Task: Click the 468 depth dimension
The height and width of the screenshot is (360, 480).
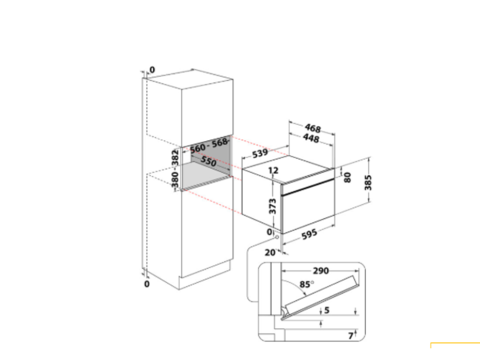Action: pos(313,128)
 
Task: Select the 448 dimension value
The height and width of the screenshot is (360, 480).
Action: pos(311,138)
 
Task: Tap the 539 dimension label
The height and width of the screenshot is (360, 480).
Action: pos(260,153)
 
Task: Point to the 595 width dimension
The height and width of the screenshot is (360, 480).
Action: pos(309,235)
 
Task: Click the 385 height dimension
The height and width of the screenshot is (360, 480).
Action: pos(368,182)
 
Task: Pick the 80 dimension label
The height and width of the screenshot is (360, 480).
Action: pos(347,177)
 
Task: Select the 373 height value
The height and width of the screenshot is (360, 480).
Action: pos(272,206)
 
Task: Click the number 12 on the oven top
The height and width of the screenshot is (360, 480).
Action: pos(273,170)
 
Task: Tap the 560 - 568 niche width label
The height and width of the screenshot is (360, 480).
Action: pos(209,145)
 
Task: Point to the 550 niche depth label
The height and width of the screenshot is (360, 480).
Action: pos(209,161)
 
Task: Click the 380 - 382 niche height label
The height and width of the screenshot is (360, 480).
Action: pos(175,168)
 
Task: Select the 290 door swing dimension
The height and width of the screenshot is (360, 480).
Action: pos(321,270)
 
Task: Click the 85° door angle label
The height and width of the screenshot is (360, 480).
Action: pos(307,285)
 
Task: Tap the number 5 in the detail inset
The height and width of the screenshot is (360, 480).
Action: pos(327,310)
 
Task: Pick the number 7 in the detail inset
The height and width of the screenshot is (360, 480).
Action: pos(351,336)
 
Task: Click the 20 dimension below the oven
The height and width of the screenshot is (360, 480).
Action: pos(270,253)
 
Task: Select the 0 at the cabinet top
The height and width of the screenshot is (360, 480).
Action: pos(152,70)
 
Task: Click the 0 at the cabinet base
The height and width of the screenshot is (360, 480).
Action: pos(147,284)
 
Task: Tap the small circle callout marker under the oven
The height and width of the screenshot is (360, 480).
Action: pos(277,237)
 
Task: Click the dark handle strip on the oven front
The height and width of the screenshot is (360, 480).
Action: pos(308,187)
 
